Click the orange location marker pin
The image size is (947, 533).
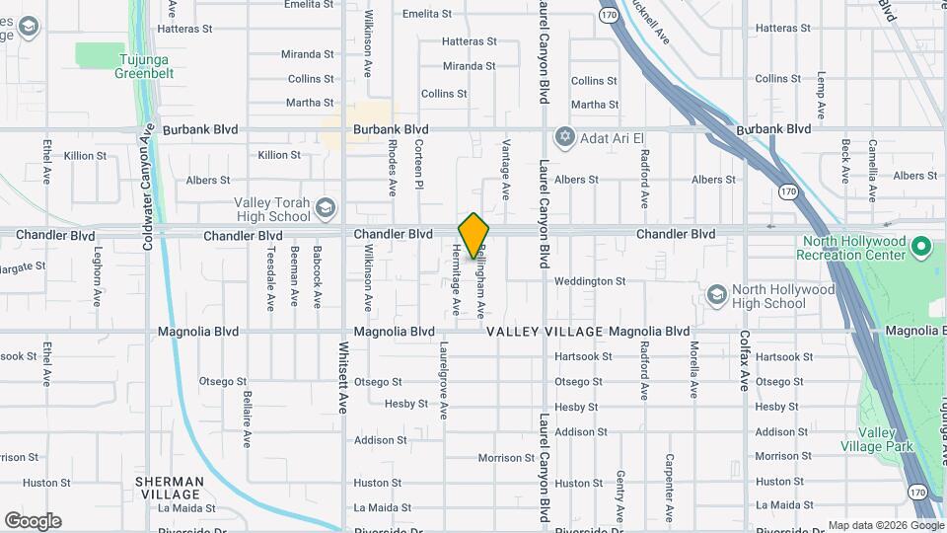[x=473, y=235]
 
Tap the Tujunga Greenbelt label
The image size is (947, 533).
[x=144, y=66]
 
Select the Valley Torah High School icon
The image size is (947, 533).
[x=326, y=209]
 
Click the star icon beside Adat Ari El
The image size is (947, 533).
[x=564, y=136]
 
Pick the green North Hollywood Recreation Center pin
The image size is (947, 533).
[x=921, y=246]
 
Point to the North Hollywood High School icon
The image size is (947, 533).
[x=717, y=295]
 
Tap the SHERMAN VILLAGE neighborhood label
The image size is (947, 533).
[x=171, y=488]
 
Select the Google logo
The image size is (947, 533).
[x=33, y=520]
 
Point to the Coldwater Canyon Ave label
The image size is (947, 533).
[x=148, y=186]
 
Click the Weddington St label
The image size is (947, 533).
[x=590, y=281]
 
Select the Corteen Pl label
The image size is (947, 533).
[x=418, y=164]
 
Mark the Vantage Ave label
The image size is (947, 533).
[x=505, y=169]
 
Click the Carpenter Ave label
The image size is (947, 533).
[x=669, y=487]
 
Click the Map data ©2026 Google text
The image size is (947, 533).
[x=884, y=525]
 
